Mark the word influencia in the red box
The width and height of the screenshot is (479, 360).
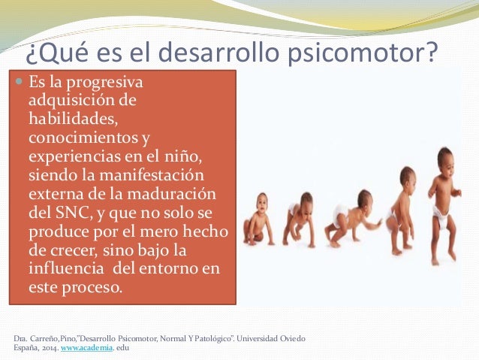coord(67,268)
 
